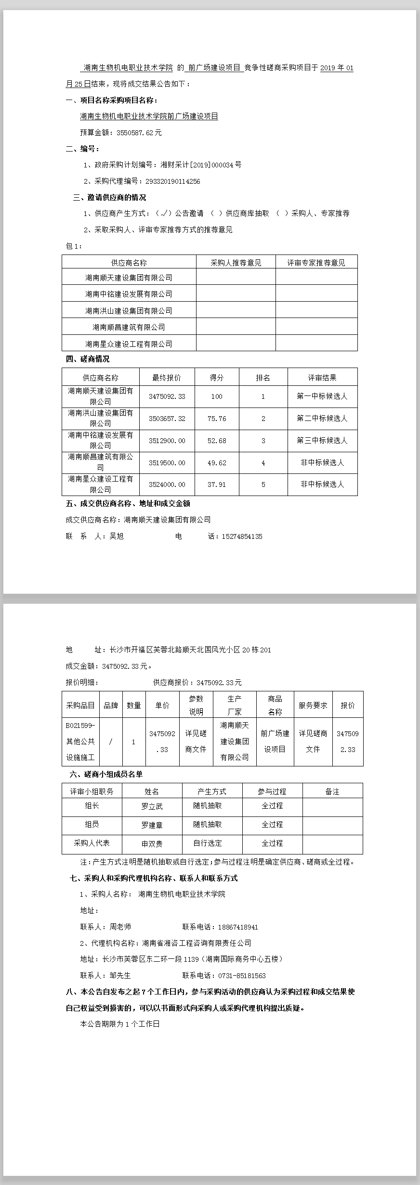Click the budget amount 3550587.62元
point(139,133)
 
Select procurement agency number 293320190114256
point(169,181)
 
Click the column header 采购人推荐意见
point(236,263)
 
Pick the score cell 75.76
point(217,419)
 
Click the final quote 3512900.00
point(167,441)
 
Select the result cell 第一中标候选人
point(322,396)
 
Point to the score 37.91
point(217,484)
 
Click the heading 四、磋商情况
point(88,359)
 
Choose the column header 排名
point(263,378)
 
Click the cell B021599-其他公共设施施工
point(80,741)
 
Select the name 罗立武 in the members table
point(152,806)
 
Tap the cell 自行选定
point(208,843)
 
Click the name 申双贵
point(152,843)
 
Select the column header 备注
point(332,791)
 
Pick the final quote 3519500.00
point(167,463)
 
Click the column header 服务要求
point(313,705)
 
